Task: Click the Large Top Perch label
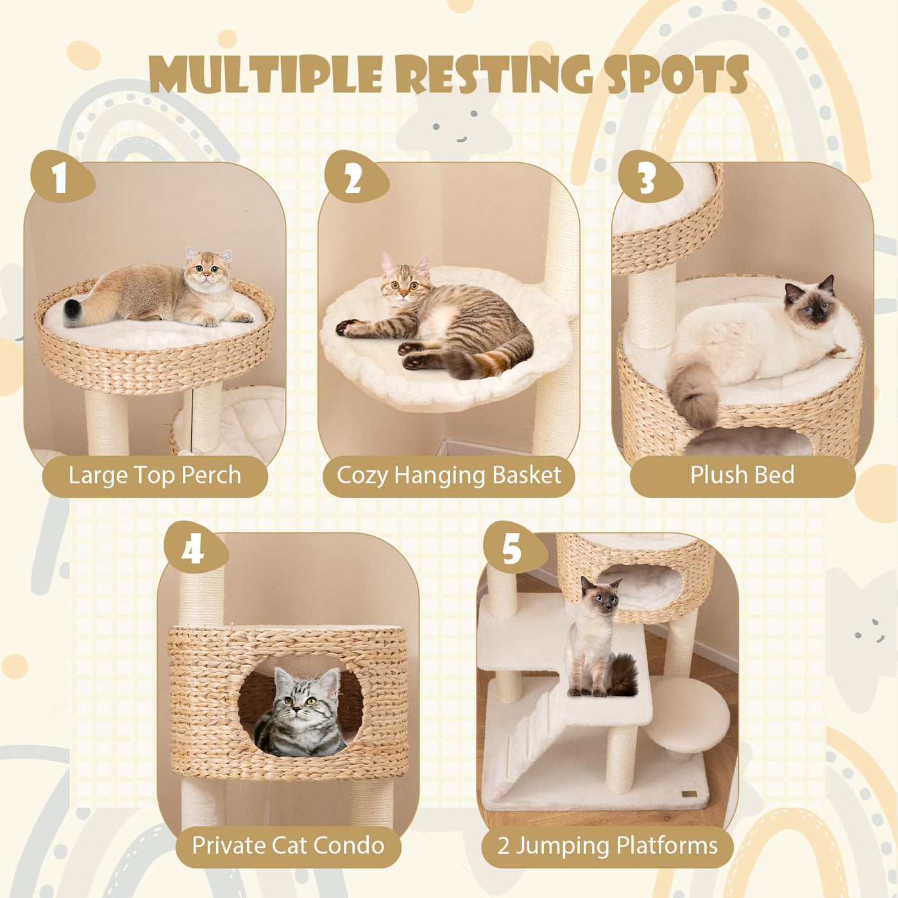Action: click(155, 476)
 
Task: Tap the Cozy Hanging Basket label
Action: click(448, 476)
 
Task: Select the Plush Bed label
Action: click(742, 476)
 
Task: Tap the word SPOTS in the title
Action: click(676, 74)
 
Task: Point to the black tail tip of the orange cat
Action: click(72, 307)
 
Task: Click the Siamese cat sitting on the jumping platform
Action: click(598, 637)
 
